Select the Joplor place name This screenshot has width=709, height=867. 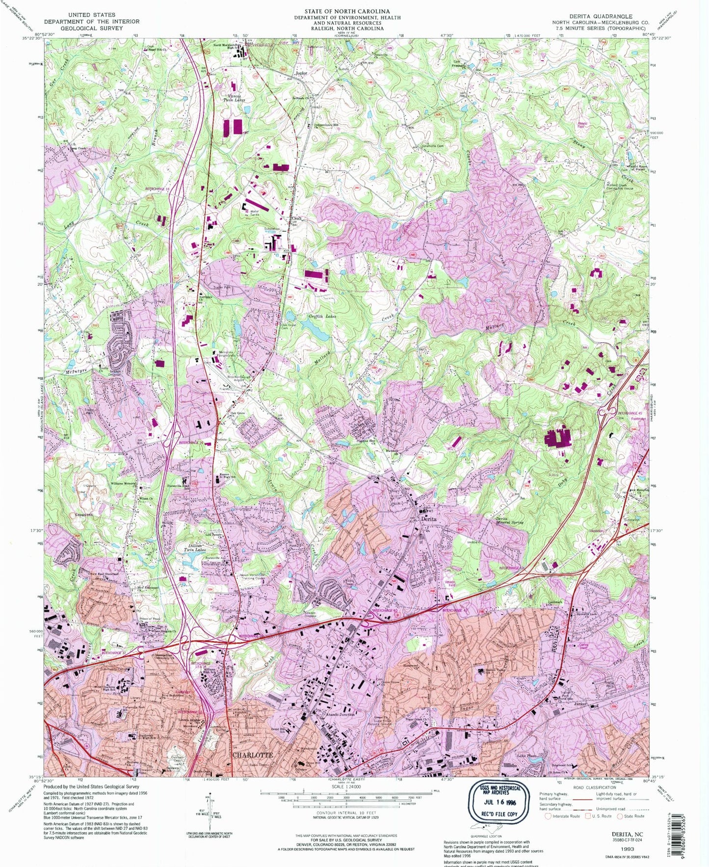[301, 73]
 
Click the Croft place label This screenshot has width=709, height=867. [296, 219]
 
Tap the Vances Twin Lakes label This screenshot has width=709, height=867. [234, 98]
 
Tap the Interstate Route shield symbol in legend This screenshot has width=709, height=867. [549, 816]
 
